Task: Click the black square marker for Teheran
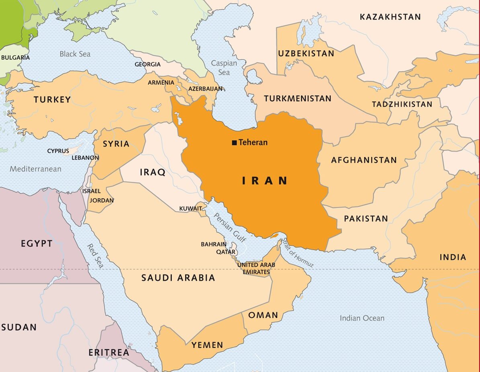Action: (234, 143)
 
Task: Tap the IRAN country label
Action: (265, 181)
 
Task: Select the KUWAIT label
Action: (190, 208)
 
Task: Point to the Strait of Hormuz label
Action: (298, 253)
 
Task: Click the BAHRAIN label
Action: (214, 244)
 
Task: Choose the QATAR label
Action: (226, 252)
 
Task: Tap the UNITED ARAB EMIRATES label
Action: (256, 268)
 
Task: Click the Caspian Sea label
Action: (224, 68)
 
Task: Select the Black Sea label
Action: (75, 54)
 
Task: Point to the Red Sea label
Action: (96, 256)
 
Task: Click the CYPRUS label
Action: (58, 151)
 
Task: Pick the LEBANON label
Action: (85, 158)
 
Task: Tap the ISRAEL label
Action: (91, 191)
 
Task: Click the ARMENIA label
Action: (161, 82)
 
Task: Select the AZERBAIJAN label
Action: (205, 88)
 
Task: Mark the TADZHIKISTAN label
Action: (402, 104)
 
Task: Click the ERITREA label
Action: (109, 353)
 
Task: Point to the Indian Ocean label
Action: (362, 318)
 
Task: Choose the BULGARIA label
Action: (15, 57)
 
